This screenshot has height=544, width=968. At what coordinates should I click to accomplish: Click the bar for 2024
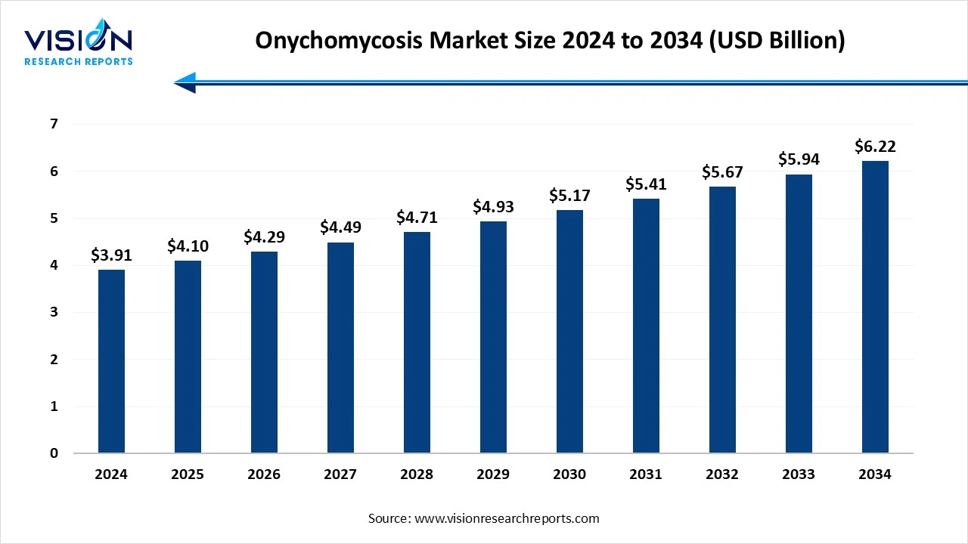111,361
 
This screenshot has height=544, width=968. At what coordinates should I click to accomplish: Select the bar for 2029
493,337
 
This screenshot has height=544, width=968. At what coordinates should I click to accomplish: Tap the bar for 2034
875,307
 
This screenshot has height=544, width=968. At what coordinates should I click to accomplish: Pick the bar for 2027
340,348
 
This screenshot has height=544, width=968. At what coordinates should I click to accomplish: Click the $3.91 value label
111,255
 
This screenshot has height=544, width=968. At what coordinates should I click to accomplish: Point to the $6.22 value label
875,146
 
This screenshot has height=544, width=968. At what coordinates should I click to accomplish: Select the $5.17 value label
569,196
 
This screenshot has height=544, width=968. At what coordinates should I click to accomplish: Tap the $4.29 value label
264,237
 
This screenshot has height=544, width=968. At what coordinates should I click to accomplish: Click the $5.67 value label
722,172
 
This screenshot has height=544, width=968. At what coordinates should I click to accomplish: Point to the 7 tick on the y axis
54,124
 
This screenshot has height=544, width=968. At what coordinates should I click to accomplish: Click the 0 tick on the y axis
54,453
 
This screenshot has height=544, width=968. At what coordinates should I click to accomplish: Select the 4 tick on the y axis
54,265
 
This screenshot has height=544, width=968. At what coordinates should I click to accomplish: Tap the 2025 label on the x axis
188,474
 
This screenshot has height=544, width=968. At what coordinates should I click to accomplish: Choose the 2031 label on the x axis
646,474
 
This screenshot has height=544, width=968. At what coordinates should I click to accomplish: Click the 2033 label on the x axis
799,474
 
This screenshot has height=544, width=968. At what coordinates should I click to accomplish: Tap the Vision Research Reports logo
78,45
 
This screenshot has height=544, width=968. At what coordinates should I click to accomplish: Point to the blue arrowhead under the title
185,82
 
